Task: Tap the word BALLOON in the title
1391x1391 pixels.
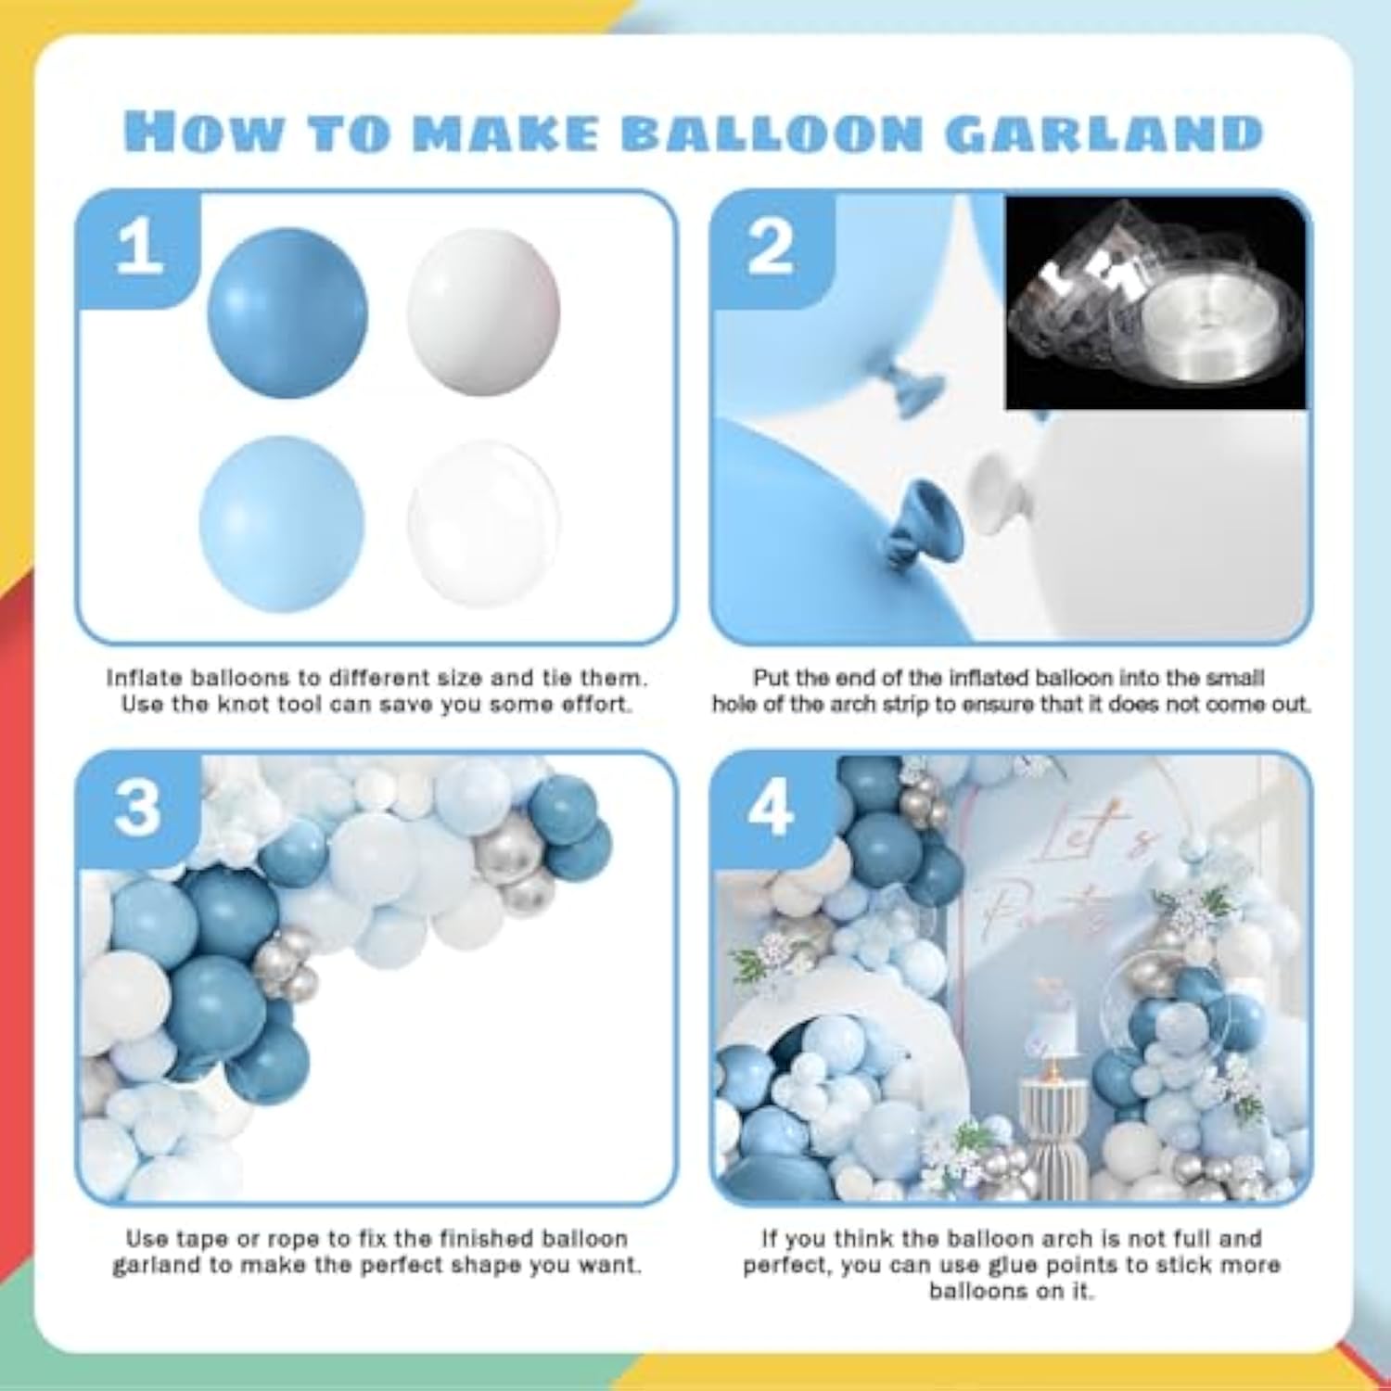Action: [772, 133]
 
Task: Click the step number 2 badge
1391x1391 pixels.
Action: [771, 249]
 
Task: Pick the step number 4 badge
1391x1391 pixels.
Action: [771, 807]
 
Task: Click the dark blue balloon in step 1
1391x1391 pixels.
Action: [287, 313]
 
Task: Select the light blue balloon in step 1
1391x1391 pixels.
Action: [281, 524]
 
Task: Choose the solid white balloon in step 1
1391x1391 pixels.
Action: [483, 313]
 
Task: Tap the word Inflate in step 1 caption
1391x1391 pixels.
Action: [144, 678]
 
